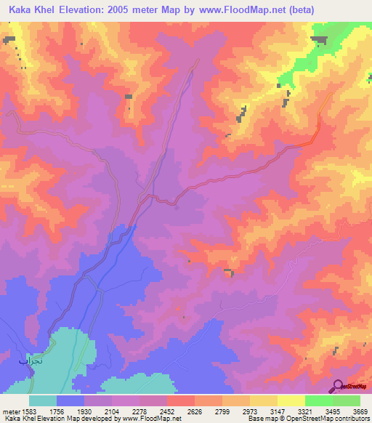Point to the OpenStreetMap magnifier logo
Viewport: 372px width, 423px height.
338,387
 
